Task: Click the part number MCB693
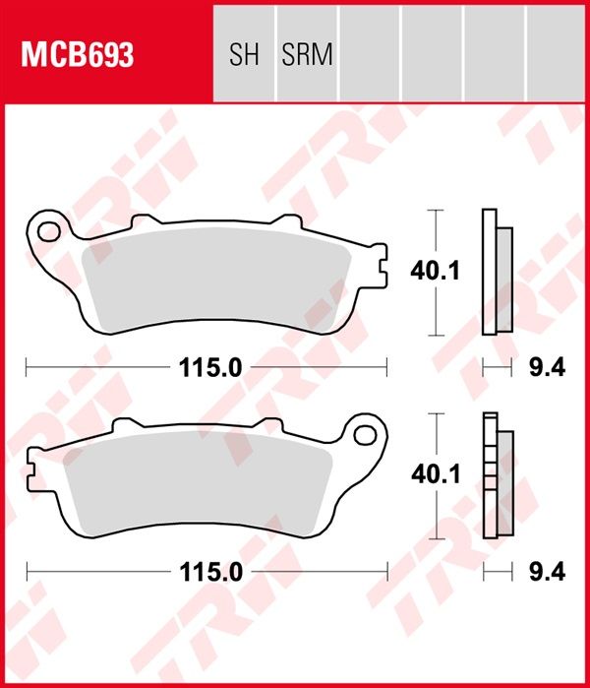(x=77, y=54)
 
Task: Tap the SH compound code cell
(x=244, y=54)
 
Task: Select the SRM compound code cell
(x=307, y=54)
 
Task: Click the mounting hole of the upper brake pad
(x=48, y=231)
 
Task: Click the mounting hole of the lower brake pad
(x=365, y=435)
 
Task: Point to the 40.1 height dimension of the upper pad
(x=435, y=271)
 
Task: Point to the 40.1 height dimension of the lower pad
(x=436, y=474)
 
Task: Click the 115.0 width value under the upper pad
(x=210, y=368)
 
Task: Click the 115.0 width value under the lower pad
(x=210, y=572)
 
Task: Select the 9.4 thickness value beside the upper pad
(x=547, y=368)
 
